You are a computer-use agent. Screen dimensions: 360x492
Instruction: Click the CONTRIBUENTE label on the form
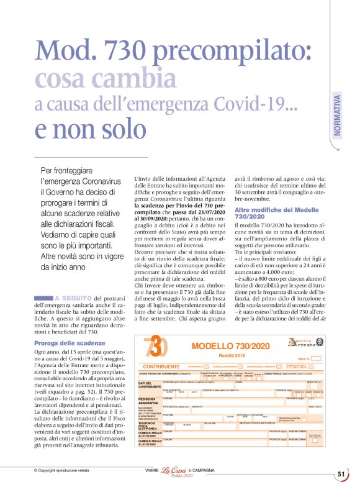click(161, 367)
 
